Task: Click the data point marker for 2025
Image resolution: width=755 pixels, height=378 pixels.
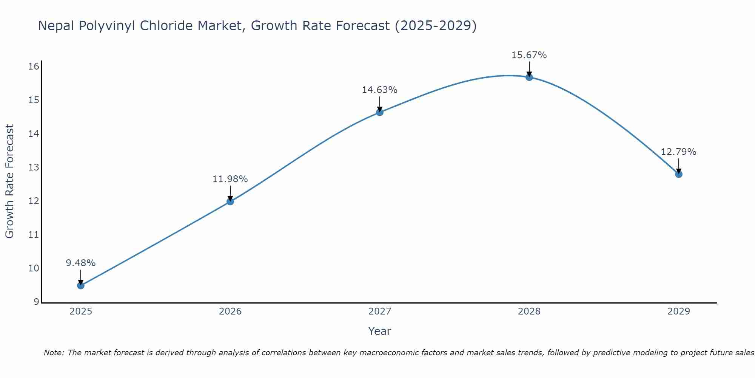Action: [x=81, y=285]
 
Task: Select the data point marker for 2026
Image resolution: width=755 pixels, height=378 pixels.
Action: [x=230, y=201]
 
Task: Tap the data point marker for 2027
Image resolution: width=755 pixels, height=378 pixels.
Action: [x=380, y=112]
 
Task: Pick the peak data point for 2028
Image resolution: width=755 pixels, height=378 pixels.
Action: [x=529, y=77]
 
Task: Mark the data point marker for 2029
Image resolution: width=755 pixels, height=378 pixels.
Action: [x=679, y=174]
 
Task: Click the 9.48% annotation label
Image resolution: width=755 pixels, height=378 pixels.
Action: [x=81, y=263]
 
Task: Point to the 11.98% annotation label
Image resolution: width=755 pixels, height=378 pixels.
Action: [x=230, y=179]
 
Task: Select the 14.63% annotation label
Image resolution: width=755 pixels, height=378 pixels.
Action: [x=380, y=90]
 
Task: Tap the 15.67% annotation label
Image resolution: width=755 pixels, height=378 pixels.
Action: [x=529, y=55]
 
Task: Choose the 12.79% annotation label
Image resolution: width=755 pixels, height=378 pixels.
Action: [x=679, y=152]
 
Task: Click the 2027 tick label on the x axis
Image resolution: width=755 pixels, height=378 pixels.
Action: [x=380, y=311]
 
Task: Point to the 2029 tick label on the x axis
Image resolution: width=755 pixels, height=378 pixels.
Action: [x=679, y=311]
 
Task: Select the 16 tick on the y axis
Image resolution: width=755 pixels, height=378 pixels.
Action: [x=34, y=67]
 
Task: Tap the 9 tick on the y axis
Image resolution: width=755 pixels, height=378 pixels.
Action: [x=36, y=302]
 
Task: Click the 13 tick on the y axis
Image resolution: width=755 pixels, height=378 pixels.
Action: [x=34, y=167]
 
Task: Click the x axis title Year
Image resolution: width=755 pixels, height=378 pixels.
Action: [x=380, y=331]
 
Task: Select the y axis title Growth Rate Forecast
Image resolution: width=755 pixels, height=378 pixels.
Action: [x=10, y=181]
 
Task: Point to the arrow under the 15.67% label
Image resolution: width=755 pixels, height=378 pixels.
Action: [x=529, y=68]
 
